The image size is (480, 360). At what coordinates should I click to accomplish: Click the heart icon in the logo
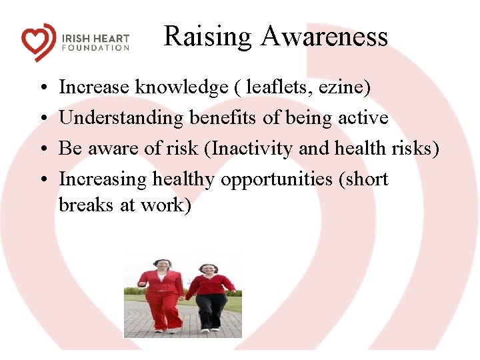39,42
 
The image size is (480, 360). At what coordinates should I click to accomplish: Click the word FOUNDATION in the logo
95,48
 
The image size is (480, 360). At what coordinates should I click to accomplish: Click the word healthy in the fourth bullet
184,179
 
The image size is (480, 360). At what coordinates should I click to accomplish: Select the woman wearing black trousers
210,297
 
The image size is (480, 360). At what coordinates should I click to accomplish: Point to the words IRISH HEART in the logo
95,38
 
